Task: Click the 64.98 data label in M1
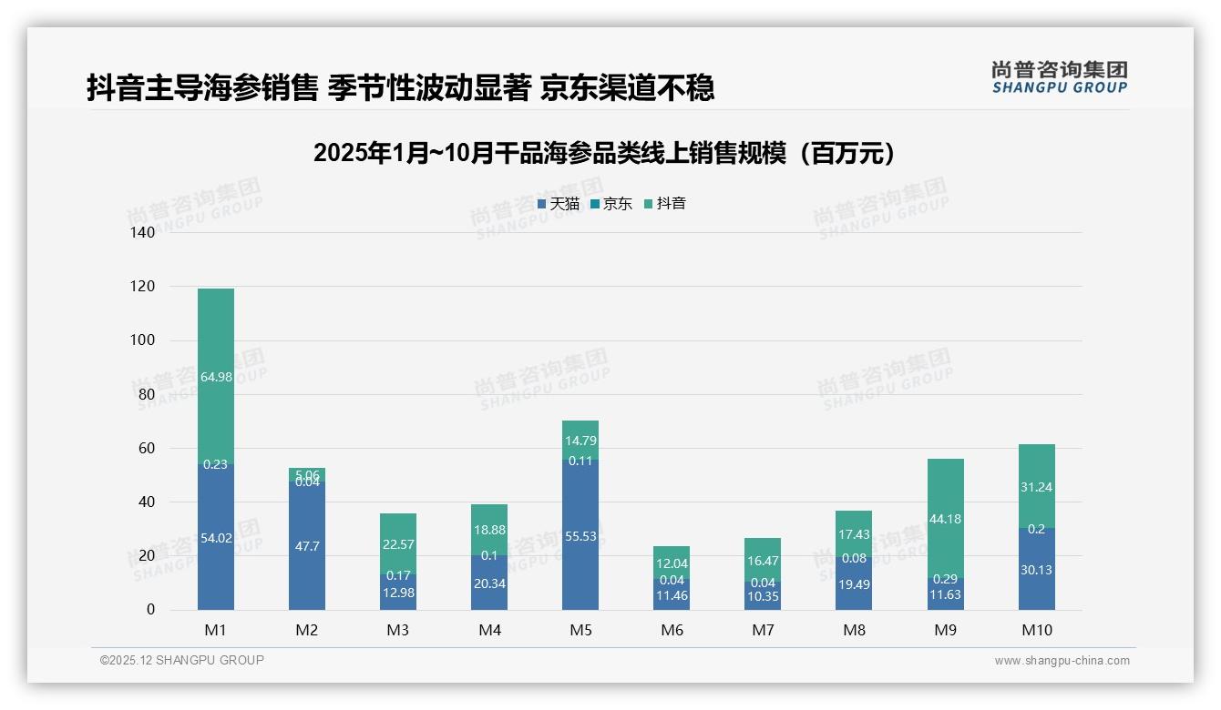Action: (216, 377)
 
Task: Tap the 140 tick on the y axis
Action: (143, 233)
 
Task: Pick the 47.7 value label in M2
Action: (307, 546)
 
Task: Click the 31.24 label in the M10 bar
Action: (1036, 487)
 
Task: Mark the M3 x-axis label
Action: (398, 630)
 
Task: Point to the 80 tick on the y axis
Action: (146, 395)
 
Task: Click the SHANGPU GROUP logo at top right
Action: (1059, 77)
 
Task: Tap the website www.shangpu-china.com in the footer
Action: (1062, 661)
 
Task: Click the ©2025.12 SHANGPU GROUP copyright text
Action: (182, 661)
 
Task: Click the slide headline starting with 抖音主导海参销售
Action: (400, 88)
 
